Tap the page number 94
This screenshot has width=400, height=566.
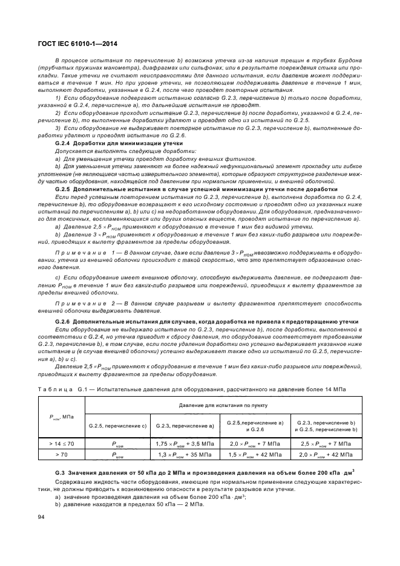coord(41,516)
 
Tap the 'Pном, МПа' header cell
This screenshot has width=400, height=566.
coord(61,416)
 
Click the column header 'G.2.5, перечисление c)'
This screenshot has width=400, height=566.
coord(117,426)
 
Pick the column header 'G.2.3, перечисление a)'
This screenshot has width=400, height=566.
coord(185,426)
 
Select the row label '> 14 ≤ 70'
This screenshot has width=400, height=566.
coord(61,444)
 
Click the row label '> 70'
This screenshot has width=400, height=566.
coord(61,454)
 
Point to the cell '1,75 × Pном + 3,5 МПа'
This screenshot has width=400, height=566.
coord(185,444)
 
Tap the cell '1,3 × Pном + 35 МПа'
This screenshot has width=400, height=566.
coord(185,454)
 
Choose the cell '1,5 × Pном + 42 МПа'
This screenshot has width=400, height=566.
coord(254,454)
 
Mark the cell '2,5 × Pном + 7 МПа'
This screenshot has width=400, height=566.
coord(326,444)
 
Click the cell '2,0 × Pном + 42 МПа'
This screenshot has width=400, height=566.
coord(326,454)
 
